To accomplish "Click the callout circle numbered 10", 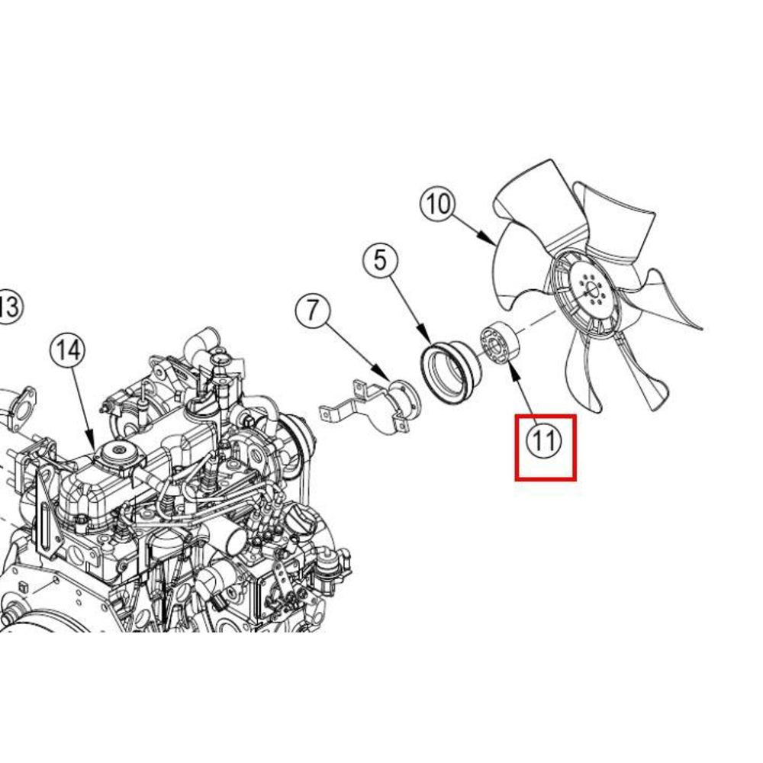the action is point(438,204).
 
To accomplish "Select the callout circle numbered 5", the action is point(380,260).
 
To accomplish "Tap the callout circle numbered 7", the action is point(312,310).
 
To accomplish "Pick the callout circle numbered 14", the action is point(68,350).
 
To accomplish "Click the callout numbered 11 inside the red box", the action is point(544,441).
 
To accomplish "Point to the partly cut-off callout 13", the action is point(10,307).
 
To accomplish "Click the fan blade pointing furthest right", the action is point(667,301).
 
